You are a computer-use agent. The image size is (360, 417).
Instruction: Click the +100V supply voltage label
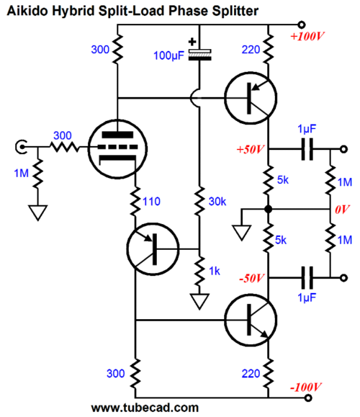[x=307, y=36]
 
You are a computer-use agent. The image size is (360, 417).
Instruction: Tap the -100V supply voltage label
[x=305, y=387]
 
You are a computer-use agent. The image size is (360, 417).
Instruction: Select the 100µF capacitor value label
[x=168, y=55]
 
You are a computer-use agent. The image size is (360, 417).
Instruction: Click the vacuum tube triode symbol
[x=117, y=149]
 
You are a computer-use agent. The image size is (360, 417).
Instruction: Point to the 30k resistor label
[x=217, y=202]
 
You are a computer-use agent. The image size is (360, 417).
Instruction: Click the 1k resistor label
[x=215, y=271]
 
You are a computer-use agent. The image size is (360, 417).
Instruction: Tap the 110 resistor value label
[x=151, y=202]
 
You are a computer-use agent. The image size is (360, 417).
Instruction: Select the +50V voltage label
[x=251, y=150]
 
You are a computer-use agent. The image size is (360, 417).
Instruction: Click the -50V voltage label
[x=251, y=278]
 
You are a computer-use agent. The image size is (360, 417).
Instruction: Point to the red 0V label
[x=342, y=210]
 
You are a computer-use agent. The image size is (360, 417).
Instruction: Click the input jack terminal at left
[x=21, y=147]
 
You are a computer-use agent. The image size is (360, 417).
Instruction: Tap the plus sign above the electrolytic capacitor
[x=192, y=42]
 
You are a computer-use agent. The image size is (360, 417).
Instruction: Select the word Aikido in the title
[x=27, y=11]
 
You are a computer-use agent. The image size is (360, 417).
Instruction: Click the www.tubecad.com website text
[x=145, y=408]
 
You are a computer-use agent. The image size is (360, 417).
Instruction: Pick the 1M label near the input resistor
[x=22, y=174]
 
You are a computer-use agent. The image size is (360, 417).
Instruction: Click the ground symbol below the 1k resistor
[x=199, y=301]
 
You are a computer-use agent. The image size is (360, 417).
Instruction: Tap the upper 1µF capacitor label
[x=307, y=129]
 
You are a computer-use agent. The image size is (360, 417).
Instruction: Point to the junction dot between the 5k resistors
[x=268, y=210]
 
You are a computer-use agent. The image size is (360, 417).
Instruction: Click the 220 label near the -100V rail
[x=251, y=374]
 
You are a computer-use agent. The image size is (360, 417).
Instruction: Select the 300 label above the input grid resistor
[x=63, y=135]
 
